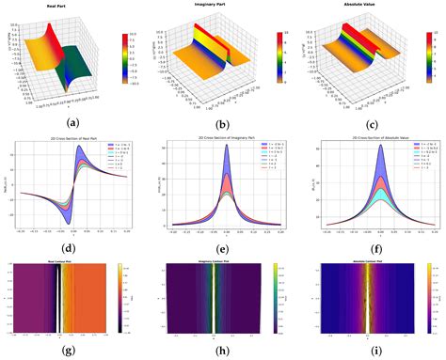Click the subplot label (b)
(222, 120)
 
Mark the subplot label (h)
(222, 352)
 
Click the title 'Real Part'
(63, 7)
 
